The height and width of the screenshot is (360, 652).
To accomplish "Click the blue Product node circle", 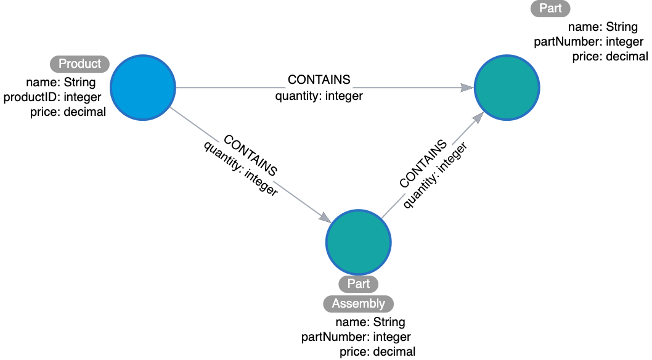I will pos(143,88).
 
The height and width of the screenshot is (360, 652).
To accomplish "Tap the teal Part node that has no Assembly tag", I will pos(507,87).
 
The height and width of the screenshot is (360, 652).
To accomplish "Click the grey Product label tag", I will pos(79,63).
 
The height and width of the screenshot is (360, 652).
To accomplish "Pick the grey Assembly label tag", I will pos(358,303).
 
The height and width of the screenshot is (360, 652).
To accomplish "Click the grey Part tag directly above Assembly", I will pos(358,284).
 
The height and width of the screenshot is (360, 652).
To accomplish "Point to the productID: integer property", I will pos(52,97).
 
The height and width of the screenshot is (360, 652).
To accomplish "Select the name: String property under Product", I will pos(60,82).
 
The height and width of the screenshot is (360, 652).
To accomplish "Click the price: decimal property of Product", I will pos(68,112).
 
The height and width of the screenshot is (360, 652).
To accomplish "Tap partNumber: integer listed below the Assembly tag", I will pos(356,337).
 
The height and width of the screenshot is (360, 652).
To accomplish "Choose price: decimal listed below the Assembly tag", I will pos(377,352).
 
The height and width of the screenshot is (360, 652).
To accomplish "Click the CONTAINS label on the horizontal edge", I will pos(319,80).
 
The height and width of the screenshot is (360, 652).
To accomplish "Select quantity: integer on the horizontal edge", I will pos(319,96).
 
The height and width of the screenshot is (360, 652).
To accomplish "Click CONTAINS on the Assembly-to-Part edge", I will pos(423,163).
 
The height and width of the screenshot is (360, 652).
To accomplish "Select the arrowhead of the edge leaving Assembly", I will pos(478,118).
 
